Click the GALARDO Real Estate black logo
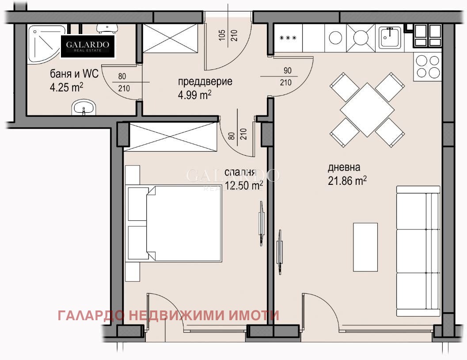(x=87, y=46)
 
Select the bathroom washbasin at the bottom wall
(x=84, y=107)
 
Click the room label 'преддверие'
(x=205, y=82)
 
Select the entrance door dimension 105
(x=222, y=35)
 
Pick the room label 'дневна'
(x=344, y=168)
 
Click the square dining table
(x=366, y=110)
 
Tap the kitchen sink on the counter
(x=389, y=38)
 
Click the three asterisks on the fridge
(x=288, y=38)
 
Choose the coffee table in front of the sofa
(x=365, y=247)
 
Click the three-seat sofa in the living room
(x=418, y=251)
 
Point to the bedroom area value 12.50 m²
(x=244, y=186)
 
